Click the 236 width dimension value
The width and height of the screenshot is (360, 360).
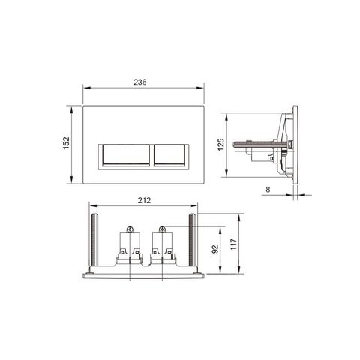coord(140,82)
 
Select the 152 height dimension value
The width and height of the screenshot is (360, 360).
coord(66,143)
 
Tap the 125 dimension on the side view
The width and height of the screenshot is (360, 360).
coord(220,145)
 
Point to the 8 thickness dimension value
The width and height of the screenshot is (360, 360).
coord(268,190)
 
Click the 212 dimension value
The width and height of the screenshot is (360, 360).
coord(144,200)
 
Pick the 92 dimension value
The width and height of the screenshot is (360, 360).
coord(215,249)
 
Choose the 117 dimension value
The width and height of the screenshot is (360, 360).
coord(233,244)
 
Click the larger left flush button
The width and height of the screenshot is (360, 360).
coord(126,155)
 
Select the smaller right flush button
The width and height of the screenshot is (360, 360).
coord(169,155)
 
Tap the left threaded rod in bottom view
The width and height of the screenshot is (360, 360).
coord(94,239)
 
